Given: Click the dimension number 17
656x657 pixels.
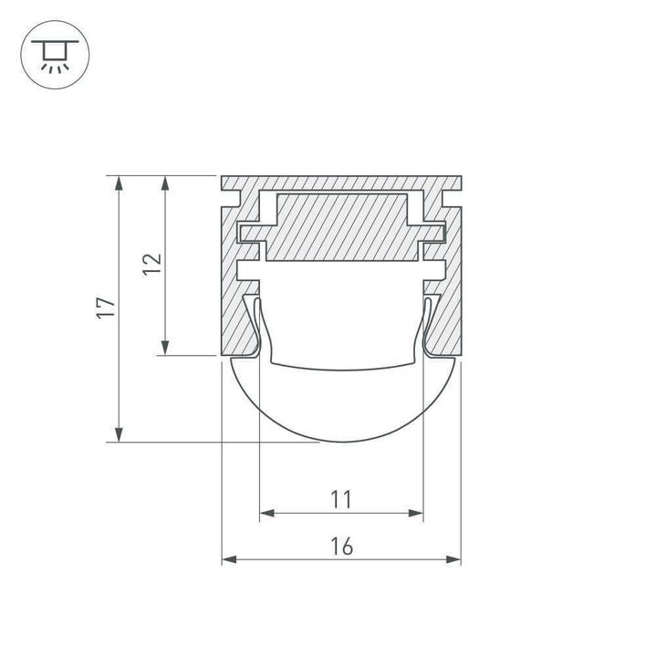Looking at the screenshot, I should pos(108,308).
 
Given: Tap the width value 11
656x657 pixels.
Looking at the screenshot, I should pos(341,499).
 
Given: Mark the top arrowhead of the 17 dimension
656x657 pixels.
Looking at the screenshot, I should pos(119,182).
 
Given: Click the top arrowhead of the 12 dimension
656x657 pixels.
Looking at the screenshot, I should pos(165,182).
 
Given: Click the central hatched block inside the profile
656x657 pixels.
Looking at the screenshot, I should pos(341,228).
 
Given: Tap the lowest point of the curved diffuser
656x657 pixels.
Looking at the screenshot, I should pos(341,442).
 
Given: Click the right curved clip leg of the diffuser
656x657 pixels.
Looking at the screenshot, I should pos(425,328).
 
